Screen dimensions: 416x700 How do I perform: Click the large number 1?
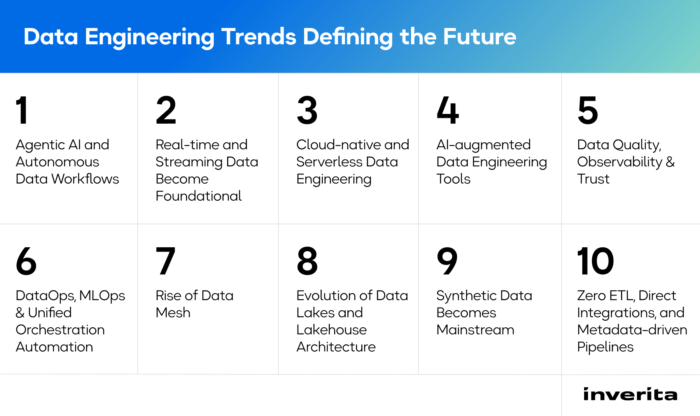pos(22,110)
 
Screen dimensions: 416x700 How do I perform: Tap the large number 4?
pos(448,110)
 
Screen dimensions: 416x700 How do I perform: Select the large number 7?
pos(165,261)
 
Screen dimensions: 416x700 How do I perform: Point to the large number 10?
pos(595,261)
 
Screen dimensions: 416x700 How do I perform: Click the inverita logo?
pos(630,394)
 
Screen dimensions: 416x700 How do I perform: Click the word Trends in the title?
pos(259,37)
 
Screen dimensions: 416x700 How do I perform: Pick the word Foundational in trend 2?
pos(198,196)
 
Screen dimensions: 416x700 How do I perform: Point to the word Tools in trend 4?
pos(453,179)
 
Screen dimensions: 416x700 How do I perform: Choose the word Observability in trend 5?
pos(619,162)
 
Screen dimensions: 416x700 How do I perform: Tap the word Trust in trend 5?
pos(593,179)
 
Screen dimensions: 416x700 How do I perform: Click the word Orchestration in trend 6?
pos(60,330)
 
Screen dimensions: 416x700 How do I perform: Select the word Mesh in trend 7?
pos(173,313)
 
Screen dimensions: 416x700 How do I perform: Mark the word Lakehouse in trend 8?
pos(331,330)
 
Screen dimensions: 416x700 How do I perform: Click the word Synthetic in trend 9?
pos(465,296)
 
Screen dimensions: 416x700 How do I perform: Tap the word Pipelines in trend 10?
pos(605,347)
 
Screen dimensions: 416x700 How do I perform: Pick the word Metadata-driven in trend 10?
pos(632,330)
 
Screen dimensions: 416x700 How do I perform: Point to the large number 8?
pos(307,261)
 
